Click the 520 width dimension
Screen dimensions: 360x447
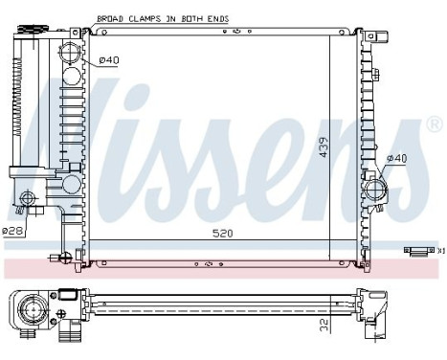(222, 233)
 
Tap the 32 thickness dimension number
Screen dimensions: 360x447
(324, 326)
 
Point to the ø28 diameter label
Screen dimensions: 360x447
(12, 232)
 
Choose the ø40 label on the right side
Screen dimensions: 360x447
(396, 159)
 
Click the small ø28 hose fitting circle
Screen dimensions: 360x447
(29, 200)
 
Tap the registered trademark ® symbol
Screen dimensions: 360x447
(434, 124)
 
